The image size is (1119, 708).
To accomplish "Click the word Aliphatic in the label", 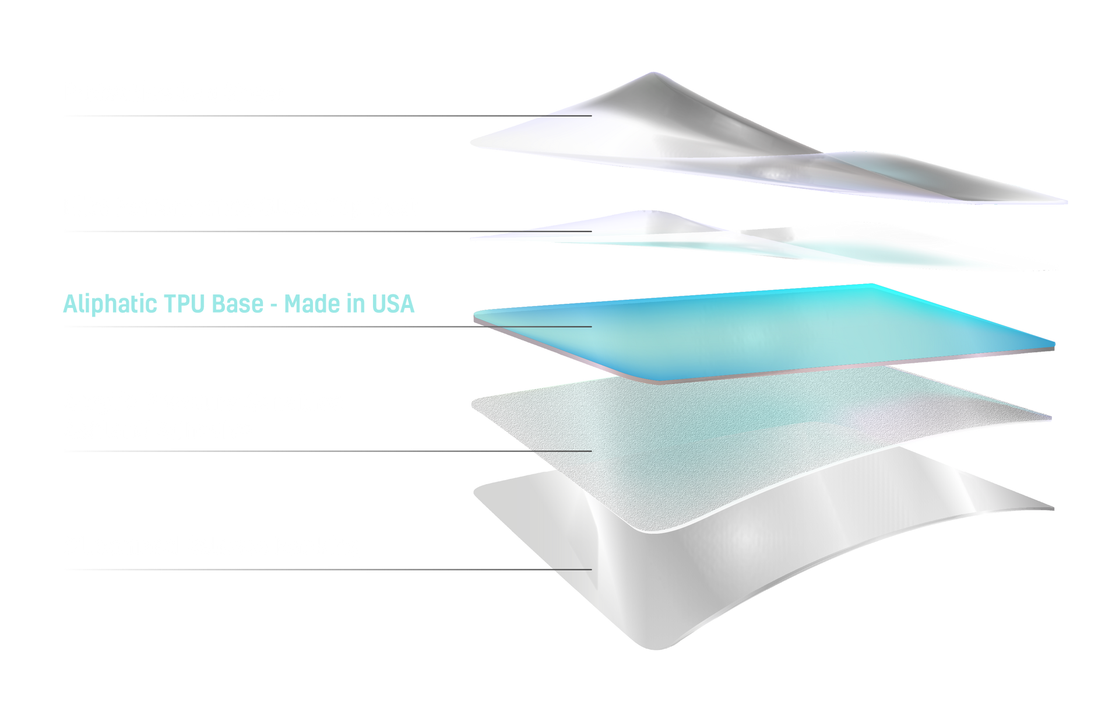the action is pos(110,304).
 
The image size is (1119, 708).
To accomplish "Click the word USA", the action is pos(393,304).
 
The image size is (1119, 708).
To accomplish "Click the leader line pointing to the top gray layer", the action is pos(329,115).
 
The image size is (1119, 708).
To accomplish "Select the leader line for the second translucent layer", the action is pos(329,232).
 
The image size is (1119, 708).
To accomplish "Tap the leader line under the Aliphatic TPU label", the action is pos(329,327).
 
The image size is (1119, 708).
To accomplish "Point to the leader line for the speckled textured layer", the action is pos(329,451).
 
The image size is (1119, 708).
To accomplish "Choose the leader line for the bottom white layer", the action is pos(329,569).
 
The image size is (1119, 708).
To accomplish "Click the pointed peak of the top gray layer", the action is pos(653,73).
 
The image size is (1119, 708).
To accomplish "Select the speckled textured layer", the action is pos(729,443).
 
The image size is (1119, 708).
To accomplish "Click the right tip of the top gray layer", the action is pos(1066,202).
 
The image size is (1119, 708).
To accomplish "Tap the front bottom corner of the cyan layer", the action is pos(659,382).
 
